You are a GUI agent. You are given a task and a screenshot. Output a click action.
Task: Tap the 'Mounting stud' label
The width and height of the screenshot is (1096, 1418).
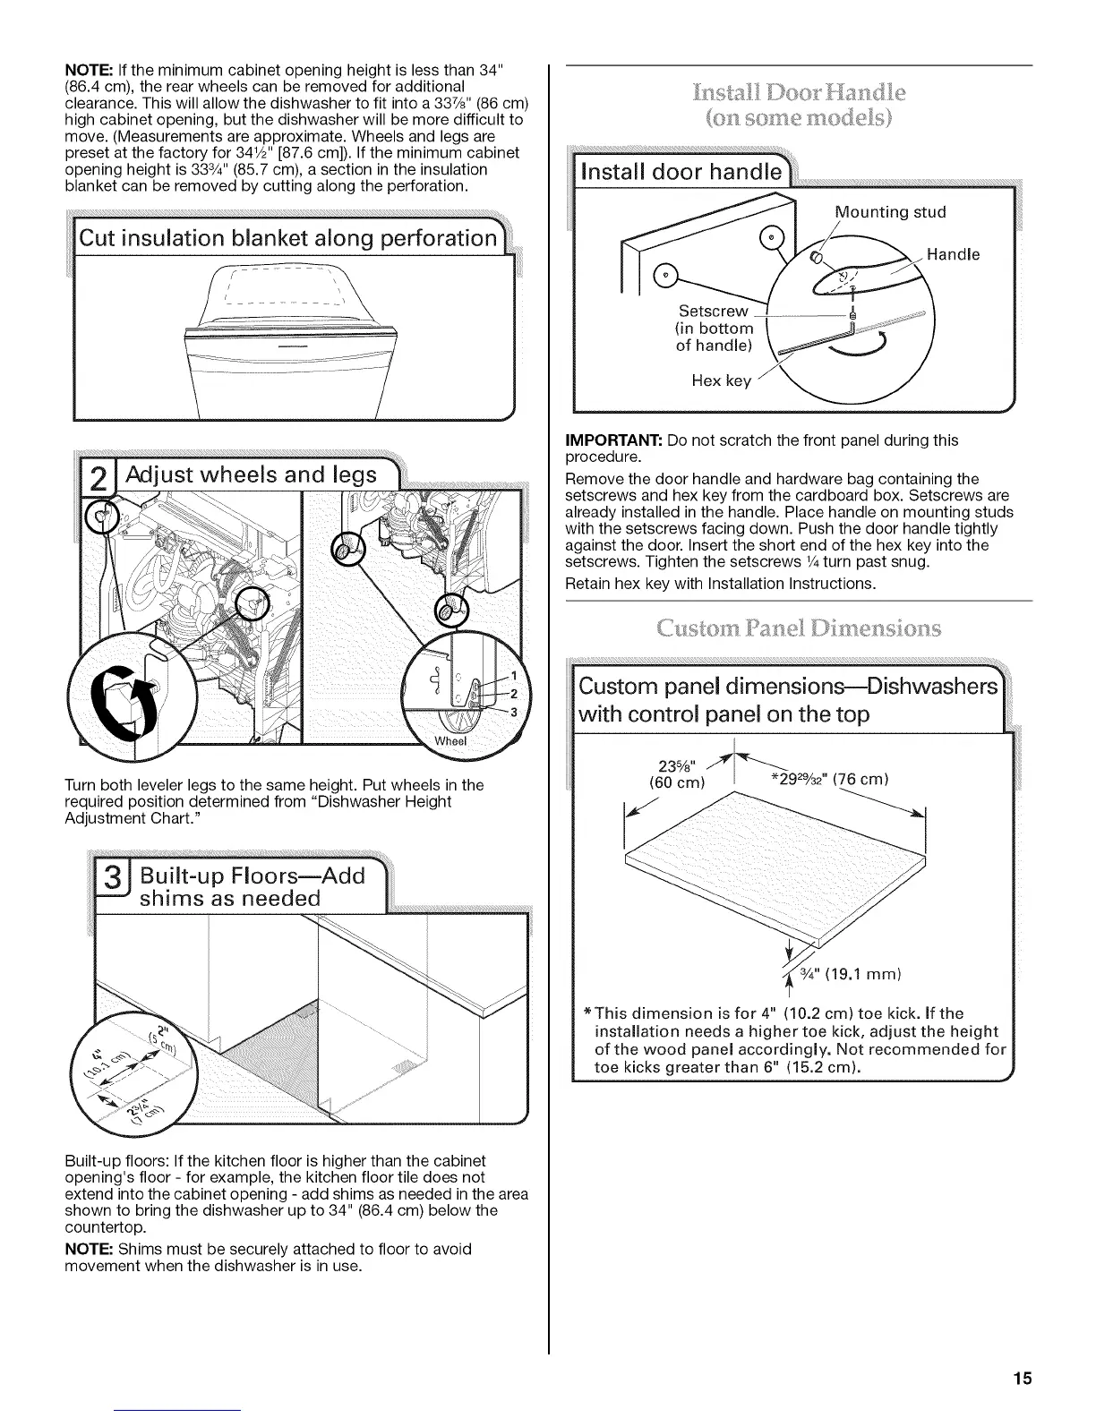point(891,212)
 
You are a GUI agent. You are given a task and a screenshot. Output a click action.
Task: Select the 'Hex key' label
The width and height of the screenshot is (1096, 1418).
point(721,380)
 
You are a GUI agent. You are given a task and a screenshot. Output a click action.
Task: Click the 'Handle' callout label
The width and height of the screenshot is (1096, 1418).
point(953,254)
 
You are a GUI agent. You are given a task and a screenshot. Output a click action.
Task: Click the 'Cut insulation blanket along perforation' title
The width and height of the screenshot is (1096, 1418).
point(287,238)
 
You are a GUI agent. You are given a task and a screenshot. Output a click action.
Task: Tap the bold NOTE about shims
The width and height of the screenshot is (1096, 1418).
point(88,1249)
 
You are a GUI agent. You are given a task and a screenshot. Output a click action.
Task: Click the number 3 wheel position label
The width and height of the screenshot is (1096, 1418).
point(514,712)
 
